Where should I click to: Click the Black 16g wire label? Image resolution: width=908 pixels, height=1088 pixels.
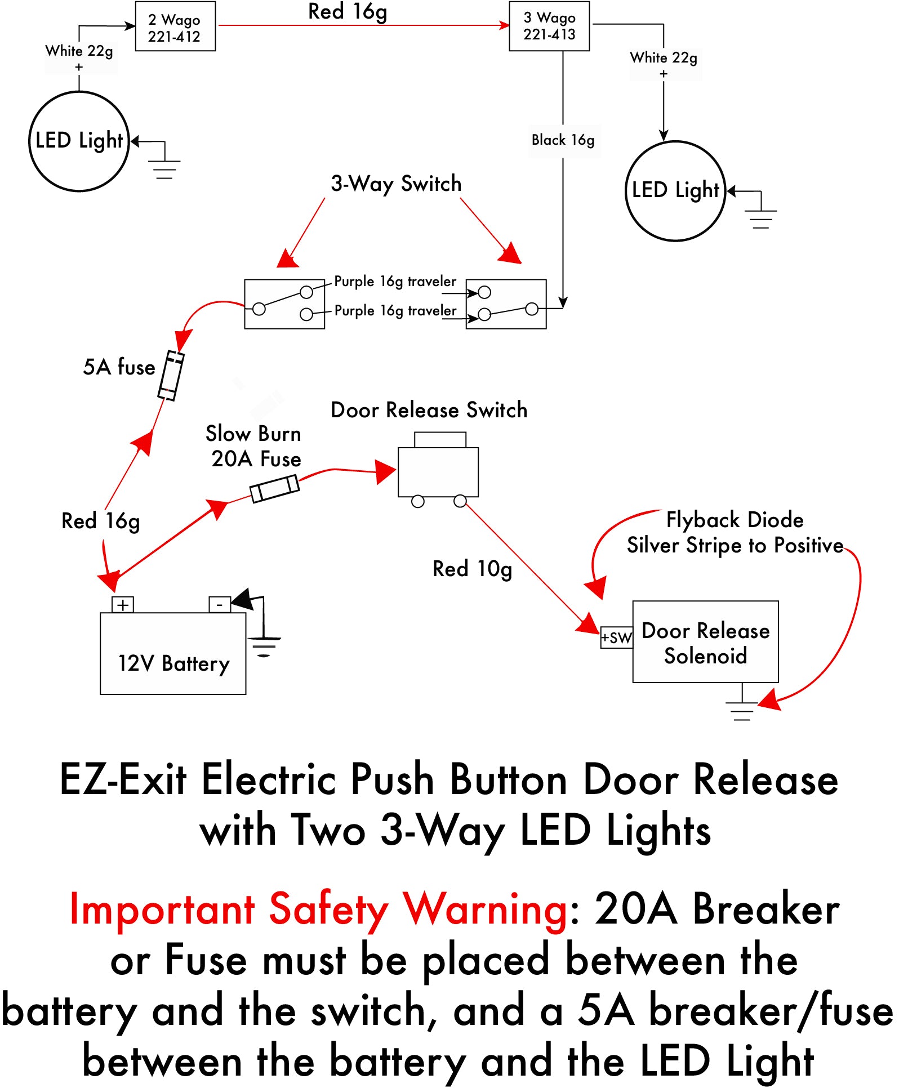(x=563, y=140)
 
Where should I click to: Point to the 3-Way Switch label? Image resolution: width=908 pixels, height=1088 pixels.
(x=396, y=184)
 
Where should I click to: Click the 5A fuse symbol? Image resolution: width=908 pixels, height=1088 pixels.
(x=171, y=376)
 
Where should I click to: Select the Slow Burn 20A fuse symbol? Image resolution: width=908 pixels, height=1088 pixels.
(x=275, y=488)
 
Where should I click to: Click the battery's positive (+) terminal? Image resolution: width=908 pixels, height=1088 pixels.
(x=123, y=605)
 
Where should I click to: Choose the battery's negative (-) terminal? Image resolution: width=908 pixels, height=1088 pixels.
(x=220, y=605)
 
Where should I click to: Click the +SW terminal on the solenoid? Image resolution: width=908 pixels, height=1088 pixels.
(x=617, y=637)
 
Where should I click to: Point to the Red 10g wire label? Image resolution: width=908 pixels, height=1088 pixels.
(x=472, y=569)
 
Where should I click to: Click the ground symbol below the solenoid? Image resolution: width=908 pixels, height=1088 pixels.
(x=742, y=711)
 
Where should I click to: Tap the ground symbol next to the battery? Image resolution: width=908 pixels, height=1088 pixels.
(x=264, y=647)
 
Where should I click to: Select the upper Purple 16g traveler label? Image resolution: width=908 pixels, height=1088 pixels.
(x=395, y=281)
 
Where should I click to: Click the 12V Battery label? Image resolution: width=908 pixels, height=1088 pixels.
(x=173, y=663)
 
